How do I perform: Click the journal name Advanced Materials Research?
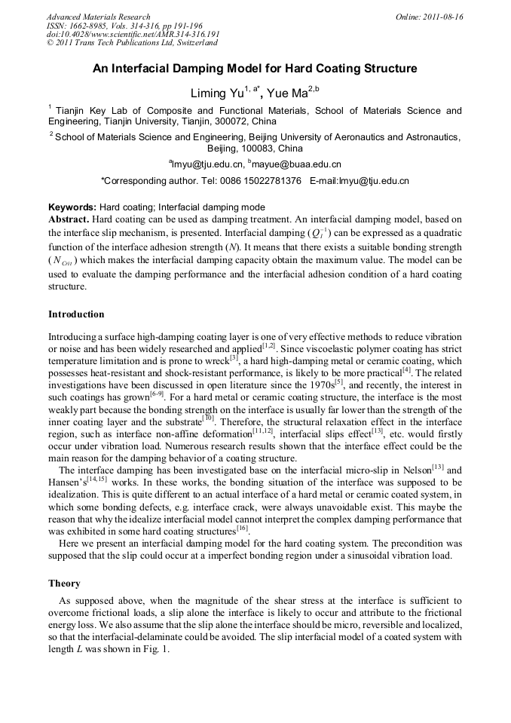(x=98, y=17)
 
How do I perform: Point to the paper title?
(x=255, y=69)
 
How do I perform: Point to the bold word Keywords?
(x=72, y=207)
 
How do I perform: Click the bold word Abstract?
(x=69, y=219)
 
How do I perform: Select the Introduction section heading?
(x=76, y=314)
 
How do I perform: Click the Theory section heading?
(x=64, y=583)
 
